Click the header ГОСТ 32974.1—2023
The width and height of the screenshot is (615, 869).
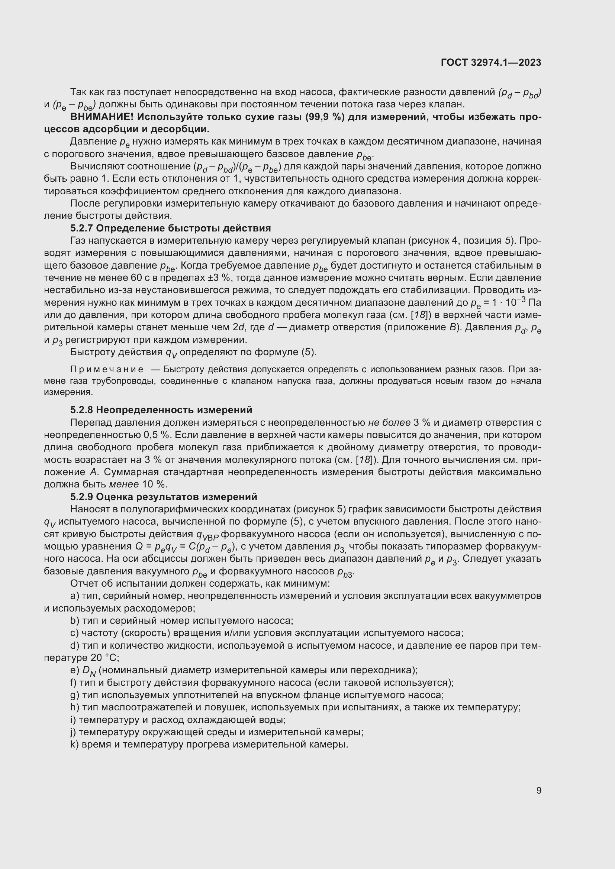click(491, 63)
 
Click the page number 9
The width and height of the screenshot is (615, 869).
click(538, 791)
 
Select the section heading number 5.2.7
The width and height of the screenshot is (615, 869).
click(81, 228)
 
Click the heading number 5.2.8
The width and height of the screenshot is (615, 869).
click(81, 410)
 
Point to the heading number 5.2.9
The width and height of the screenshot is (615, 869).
click(81, 497)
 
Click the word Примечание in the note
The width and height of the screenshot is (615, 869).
click(107, 369)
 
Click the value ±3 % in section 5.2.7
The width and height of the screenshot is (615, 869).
click(219, 278)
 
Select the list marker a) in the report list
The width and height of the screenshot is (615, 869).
click(75, 596)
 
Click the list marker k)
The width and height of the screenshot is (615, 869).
click(75, 745)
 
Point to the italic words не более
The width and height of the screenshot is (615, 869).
click(389, 422)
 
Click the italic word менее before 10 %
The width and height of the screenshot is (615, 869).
click(123, 484)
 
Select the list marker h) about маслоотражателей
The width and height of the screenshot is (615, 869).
click(75, 707)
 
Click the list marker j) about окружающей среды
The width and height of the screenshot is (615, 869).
click(73, 732)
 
